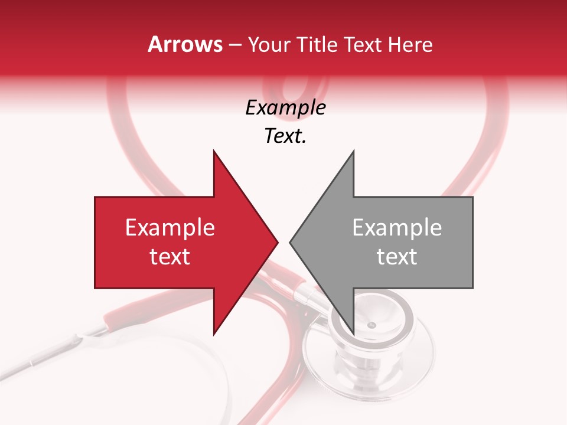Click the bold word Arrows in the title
coord(185,44)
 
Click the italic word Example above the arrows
coord(285,108)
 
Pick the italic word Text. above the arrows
coord(285,136)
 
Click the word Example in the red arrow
coord(170,228)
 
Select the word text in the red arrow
coord(170,257)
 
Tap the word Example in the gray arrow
coord(397,228)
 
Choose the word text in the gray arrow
coord(397,257)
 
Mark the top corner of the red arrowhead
coord(214,151)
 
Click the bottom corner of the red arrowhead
coord(214,334)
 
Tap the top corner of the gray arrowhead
coord(353,151)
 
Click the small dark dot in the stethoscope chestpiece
coord(371,325)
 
